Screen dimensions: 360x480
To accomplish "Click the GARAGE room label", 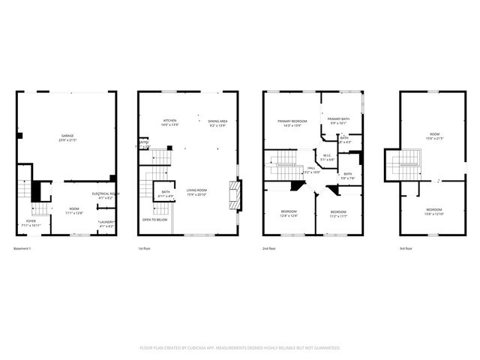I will [x=68, y=136].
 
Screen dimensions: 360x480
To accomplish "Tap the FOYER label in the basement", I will [x=31, y=221].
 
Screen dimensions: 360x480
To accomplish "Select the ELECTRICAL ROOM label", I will [x=105, y=193].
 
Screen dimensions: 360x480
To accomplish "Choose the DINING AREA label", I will [x=217, y=121].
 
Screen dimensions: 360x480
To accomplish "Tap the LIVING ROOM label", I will [x=197, y=190].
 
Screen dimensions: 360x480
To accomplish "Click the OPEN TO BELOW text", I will [x=154, y=220].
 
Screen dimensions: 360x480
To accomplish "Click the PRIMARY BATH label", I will [x=337, y=118].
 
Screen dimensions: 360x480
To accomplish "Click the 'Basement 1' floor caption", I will [x=25, y=248].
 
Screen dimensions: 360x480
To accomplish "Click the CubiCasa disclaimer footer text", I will [x=240, y=348].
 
